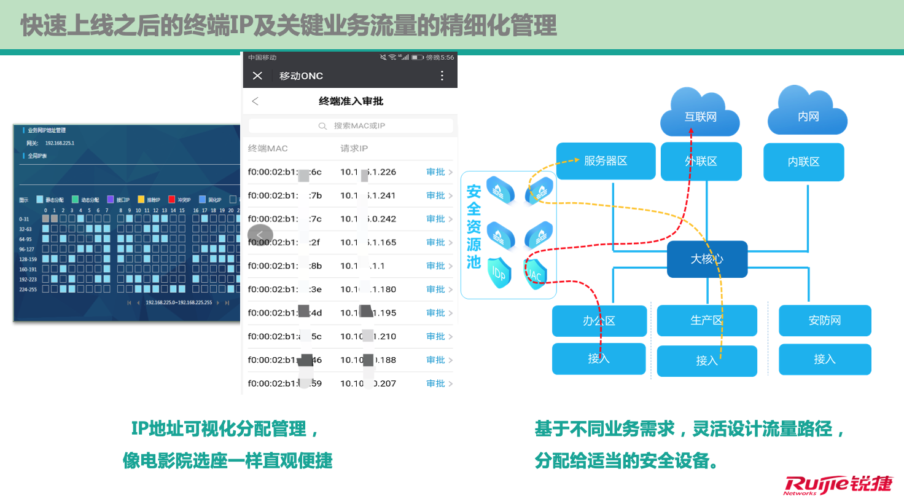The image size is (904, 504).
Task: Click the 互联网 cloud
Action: (700, 114)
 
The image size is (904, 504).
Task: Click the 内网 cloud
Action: (808, 114)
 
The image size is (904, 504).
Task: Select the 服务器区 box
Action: (606, 161)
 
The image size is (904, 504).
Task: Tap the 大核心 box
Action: (707, 259)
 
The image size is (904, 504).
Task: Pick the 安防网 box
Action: (825, 320)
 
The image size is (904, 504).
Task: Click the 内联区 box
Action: (803, 162)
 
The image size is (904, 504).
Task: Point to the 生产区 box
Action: (706, 320)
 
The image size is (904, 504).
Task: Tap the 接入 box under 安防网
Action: (825, 359)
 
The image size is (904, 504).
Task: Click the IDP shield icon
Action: (499, 273)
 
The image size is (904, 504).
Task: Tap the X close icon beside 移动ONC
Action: (257, 76)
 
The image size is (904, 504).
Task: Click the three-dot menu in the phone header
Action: (442, 76)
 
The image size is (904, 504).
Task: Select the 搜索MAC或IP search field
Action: (351, 126)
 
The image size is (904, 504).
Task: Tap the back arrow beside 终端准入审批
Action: (255, 101)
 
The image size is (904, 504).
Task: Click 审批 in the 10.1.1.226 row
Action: (436, 172)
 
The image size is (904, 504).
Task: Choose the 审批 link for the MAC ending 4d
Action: (436, 313)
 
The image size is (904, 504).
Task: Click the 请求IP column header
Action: (354, 149)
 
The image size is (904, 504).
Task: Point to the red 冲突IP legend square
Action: (172, 199)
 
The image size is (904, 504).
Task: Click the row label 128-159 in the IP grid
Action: (28, 259)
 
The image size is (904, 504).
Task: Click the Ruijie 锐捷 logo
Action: (838, 485)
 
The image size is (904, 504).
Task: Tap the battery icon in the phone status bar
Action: (418, 57)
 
